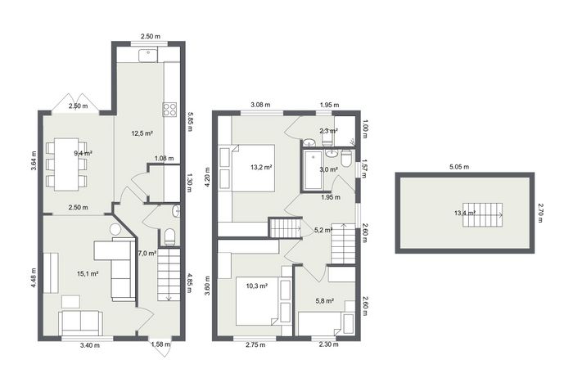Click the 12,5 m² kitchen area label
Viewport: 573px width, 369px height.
[x=142, y=133]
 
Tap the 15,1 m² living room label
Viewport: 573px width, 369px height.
[x=88, y=273]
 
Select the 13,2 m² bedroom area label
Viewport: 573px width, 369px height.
[x=261, y=168]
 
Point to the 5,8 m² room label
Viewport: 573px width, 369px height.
[x=325, y=301]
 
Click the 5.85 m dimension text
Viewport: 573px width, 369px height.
[x=190, y=122]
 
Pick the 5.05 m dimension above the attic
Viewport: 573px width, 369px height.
[x=459, y=167]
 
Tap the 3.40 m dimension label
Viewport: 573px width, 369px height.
[x=89, y=345]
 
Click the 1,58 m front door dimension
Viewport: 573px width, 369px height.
[x=160, y=344]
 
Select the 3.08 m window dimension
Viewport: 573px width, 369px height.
[x=260, y=105]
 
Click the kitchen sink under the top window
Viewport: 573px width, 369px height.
[x=148, y=55]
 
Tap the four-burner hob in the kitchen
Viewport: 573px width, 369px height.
[x=169, y=110]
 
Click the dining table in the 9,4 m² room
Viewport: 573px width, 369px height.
[x=66, y=164]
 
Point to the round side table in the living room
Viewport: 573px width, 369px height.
[x=115, y=229]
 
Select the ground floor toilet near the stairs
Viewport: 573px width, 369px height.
[x=169, y=237]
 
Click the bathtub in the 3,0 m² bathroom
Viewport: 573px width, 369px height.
[x=314, y=170]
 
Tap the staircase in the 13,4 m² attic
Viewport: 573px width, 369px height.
[x=483, y=215]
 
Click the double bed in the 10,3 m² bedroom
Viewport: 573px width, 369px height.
[x=258, y=301]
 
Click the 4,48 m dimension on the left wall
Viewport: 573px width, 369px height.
[x=34, y=278]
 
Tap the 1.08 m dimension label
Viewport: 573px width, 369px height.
[x=164, y=158]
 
